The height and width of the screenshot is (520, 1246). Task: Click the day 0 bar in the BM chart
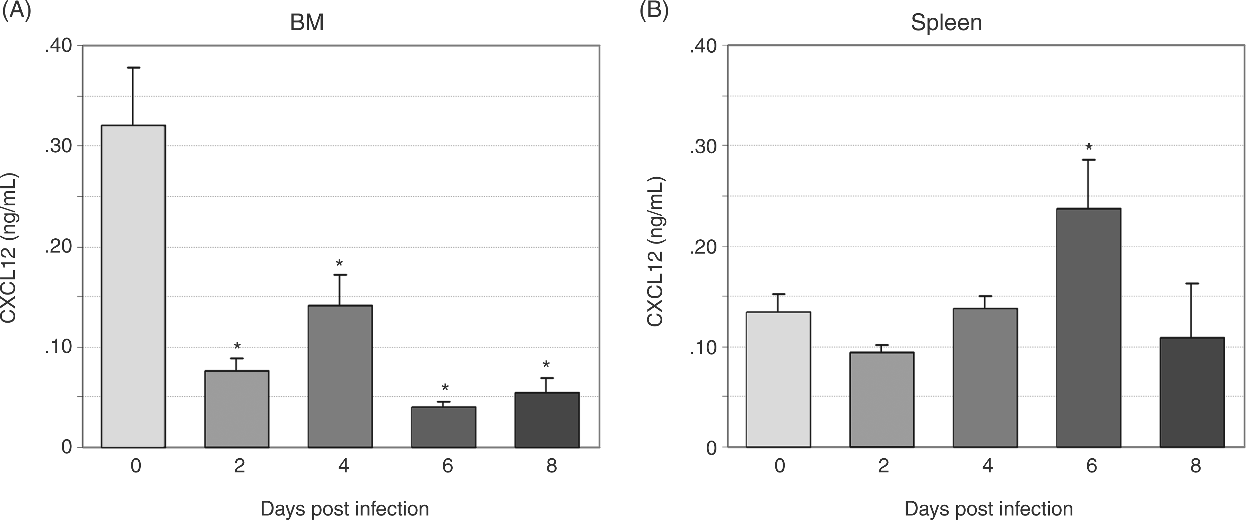coord(133,286)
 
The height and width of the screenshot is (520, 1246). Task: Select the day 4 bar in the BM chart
coord(340,376)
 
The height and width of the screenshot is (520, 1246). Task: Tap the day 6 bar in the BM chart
coord(444,427)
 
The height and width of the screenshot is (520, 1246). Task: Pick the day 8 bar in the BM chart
coord(547,420)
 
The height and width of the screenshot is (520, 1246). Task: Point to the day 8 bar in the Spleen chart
coord(1192,392)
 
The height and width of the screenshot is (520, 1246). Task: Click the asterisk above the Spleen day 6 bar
coord(1089,147)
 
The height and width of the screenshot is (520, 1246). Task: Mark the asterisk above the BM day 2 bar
coord(237,346)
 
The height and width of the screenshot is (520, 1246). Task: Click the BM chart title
coord(307,23)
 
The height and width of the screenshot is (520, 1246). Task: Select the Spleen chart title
coord(946,23)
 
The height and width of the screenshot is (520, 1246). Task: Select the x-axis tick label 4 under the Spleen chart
coord(987,466)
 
